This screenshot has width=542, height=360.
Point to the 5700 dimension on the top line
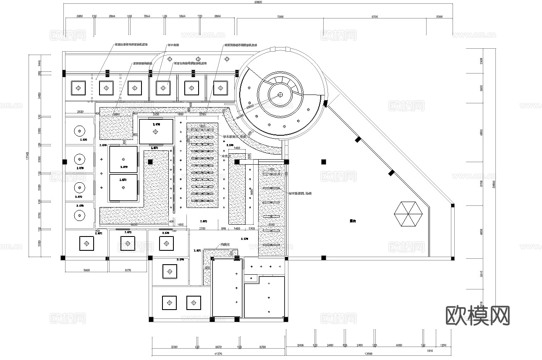click(375, 17)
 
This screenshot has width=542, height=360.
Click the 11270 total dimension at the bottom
click(218, 354)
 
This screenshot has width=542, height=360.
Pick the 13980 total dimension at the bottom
click(369, 354)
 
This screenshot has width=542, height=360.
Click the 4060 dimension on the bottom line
click(398, 345)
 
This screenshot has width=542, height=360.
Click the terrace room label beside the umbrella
click(353, 220)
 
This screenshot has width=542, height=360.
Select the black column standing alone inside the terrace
click(323, 161)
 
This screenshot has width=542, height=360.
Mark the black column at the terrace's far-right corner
click(453, 205)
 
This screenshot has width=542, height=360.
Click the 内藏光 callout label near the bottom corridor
click(224, 245)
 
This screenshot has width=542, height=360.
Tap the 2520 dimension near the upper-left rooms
click(81, 112)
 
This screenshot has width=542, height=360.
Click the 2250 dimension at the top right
click(440, 17)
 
